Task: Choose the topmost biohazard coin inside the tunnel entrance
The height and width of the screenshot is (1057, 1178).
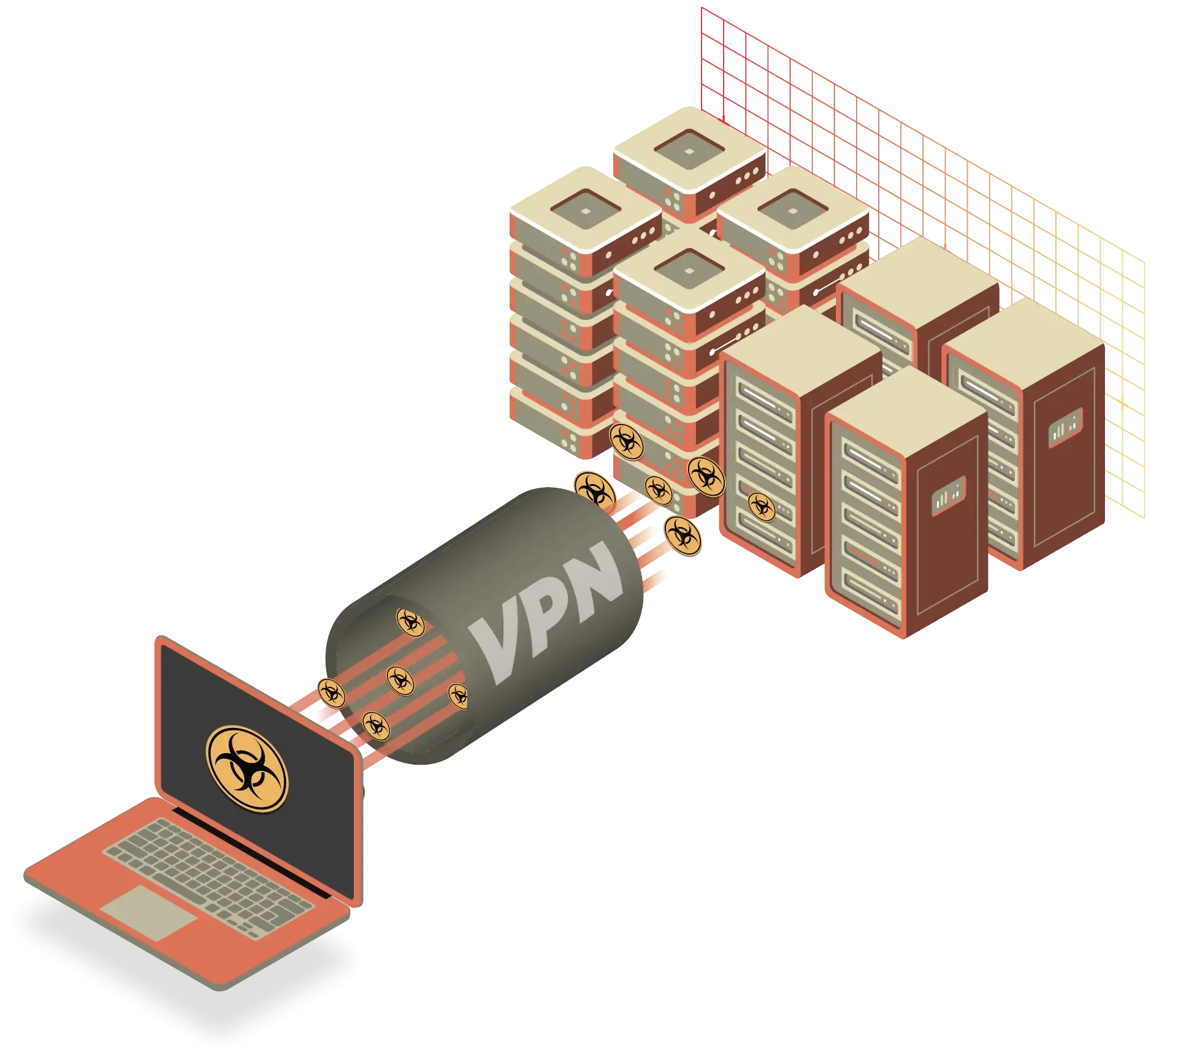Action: [410, 622]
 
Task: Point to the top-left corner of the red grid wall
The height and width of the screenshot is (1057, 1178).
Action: [700, 7]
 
